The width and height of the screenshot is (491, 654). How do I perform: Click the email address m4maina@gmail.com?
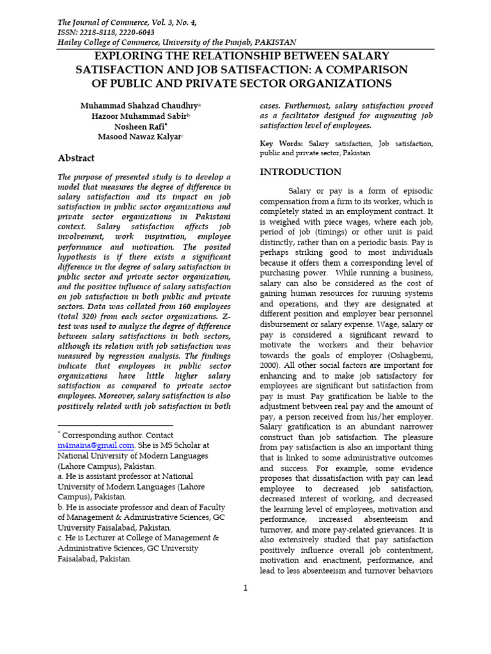[96, 445]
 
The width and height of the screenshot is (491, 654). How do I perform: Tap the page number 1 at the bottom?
[245, 588]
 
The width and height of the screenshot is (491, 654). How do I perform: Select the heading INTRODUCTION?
[300, 172]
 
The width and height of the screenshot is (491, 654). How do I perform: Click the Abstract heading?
[76, 158]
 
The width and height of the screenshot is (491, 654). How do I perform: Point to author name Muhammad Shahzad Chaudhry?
[139, 105]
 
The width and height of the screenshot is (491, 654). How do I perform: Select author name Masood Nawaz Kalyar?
[139, 137]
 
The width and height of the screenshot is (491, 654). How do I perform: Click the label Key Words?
[281, 144]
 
